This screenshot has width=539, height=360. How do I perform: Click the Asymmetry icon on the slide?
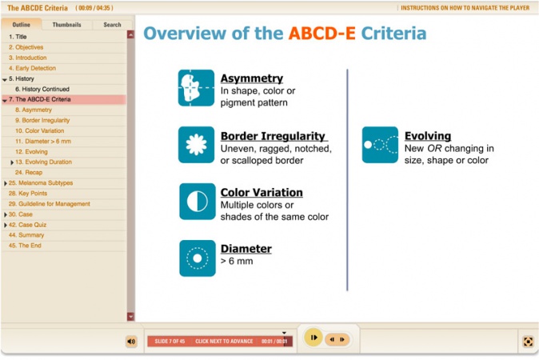click(x=196, y=88)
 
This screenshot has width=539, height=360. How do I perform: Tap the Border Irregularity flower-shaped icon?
click(x=196, y=145)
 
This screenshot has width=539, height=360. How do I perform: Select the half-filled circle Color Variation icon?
click(x=198, y=202)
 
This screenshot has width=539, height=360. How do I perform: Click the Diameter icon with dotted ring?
click(x=198, y=258)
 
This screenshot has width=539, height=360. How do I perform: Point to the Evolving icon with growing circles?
click(x=380, y=145)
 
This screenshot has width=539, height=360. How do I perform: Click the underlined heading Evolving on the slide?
click(x=428, y=136)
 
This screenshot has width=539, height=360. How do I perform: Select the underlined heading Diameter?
click(x=246, y=249)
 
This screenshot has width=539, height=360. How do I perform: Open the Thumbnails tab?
click(x=66, y=25)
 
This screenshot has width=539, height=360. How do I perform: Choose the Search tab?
click(x=112, y=25)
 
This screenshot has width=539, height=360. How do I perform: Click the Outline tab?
click(x=22, y=25)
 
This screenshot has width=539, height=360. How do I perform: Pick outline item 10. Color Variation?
click(x=39, y=130)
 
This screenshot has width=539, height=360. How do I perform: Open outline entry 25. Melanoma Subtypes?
click(x=41, y=183)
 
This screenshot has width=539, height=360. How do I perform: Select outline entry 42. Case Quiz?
click(x=27, y=225)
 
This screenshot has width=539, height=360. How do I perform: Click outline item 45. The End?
click(x=25, y=246)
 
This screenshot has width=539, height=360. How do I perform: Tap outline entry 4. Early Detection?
click(x=32, y=68)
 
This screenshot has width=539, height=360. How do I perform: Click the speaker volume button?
click(x=131, y=342)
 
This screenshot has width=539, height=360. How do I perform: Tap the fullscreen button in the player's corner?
click(x=528, y=342)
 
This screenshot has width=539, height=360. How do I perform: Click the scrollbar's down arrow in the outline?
click(x=130, y=316)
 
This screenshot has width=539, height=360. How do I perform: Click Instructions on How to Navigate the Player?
click(x=465, y=8)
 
